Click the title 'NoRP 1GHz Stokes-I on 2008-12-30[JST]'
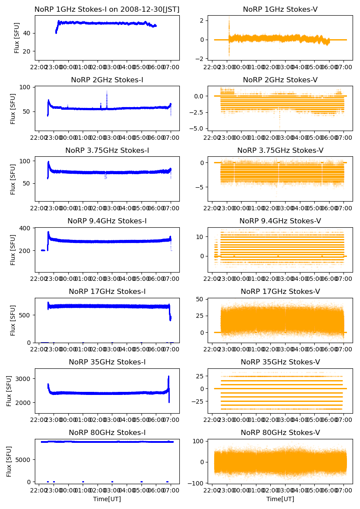(107, 9)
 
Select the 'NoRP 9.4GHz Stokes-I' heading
(107, 221)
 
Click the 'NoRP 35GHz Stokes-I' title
(107, 362)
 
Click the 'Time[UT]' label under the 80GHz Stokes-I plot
(107, 499)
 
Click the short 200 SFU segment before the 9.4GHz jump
(43, 250)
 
